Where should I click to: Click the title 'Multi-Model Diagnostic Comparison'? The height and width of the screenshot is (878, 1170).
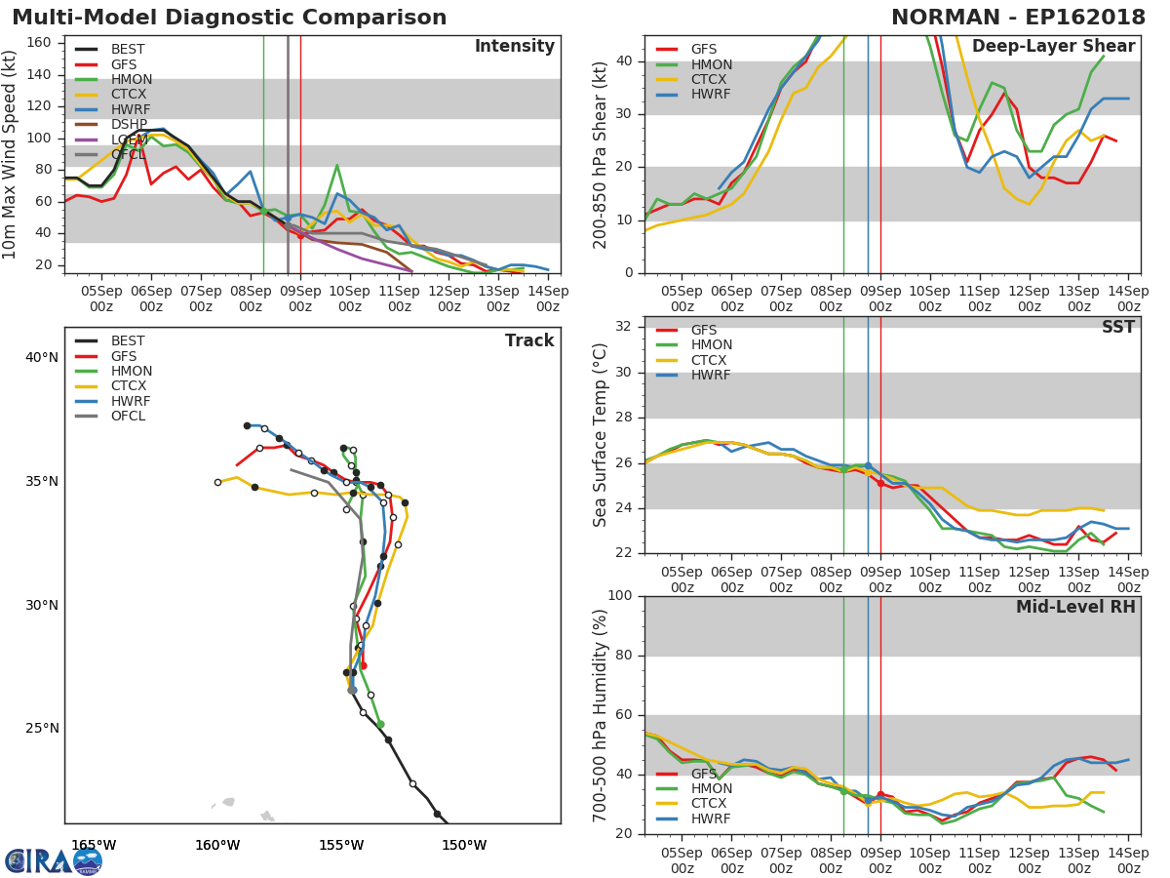click(229, 18)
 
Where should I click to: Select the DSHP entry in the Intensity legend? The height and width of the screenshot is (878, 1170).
click(129, 124)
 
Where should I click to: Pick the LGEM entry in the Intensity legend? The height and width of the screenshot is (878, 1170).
click(129, 140)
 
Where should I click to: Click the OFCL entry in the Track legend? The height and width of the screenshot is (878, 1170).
click(129, 417)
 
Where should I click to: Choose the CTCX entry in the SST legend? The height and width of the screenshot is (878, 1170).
click(712, 360)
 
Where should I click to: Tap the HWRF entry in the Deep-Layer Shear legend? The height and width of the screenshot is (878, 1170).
click(712, 95)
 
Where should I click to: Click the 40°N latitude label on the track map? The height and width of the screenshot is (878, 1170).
click(42, 358)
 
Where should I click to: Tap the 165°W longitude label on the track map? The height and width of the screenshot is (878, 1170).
click(94, 845)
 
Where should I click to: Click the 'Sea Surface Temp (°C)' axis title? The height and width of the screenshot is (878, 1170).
click(601, 434)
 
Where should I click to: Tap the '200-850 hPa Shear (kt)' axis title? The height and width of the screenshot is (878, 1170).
click(601, 154)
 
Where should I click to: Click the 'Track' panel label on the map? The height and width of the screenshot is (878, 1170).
click(529, 340)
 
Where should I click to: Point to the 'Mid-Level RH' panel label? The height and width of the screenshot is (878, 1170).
click(1075, 607)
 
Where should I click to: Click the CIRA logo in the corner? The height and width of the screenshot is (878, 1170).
click(54, 860)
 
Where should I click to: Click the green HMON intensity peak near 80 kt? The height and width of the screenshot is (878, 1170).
click(336, 166)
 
